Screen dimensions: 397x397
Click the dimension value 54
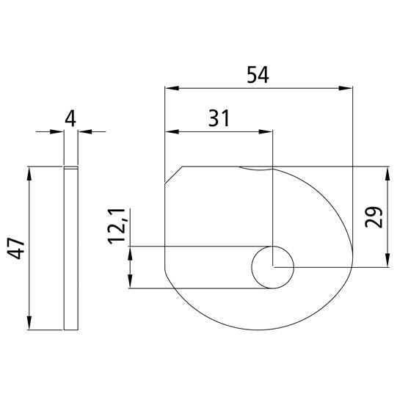click(259, 76)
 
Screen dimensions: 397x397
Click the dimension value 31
click(219, 119)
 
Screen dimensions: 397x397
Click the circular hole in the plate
click(272, 266)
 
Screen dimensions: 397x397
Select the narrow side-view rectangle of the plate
click(70, 249)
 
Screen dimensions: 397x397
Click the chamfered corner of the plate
click(174, 174)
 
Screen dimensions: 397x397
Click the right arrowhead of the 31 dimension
click(266, 132)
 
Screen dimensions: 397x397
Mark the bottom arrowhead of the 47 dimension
click(29, 325)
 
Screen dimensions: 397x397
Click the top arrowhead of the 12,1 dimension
click(131, 252)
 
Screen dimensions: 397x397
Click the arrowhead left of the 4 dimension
click(59, 132)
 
